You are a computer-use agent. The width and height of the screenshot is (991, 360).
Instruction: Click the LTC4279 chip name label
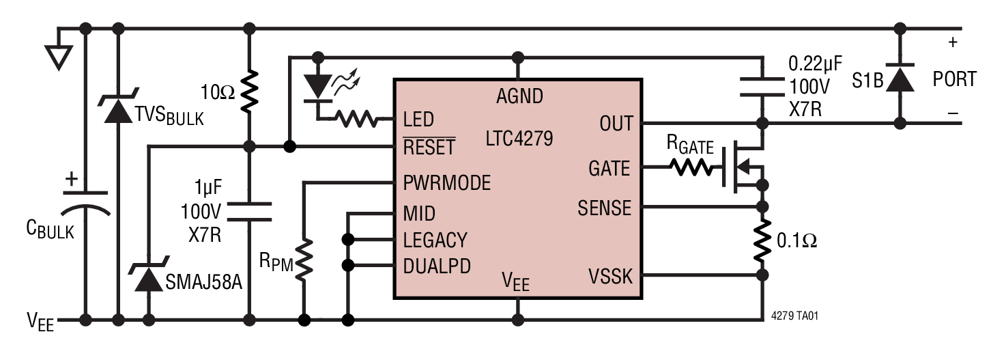pyautogui.click(x=519, y=139)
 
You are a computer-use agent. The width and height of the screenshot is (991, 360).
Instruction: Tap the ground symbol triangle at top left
pyautogui.click(x=59, y=55)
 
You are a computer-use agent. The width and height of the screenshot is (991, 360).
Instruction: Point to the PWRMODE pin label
pyautogui.click(x=446, y=183)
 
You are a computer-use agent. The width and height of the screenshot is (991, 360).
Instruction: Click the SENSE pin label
pyautogui.click(x=604, y=207)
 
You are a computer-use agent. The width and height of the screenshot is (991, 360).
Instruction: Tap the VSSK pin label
pyautogui.click(x=609, y=277)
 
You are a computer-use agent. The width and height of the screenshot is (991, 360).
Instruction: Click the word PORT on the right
pyautogui.click(x=954, y=79)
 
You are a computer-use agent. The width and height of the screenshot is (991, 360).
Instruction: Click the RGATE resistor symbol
pyautogui.click(x=692, y=168)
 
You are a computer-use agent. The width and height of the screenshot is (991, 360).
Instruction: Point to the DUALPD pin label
pyautogui.click(x=437, y=266)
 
